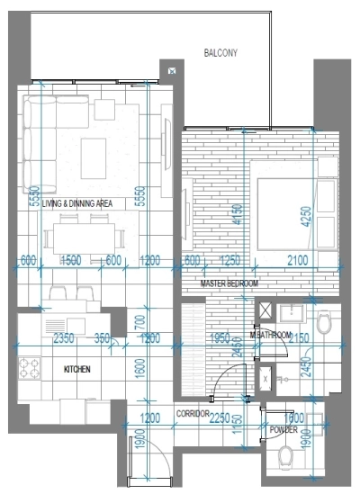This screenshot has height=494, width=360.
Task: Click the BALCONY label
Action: coord(219,54)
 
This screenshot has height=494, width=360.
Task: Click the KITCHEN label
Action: coord(78,369)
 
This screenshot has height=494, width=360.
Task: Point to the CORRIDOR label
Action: coord(193,414)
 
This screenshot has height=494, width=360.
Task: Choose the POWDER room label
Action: coord(283,430)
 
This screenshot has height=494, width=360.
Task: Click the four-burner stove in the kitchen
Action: coord(30,369)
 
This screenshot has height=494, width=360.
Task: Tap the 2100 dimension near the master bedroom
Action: coord(296,261)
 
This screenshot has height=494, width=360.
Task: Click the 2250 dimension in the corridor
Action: coord(217,418)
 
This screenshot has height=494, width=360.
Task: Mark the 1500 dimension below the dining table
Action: coord(72,261)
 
